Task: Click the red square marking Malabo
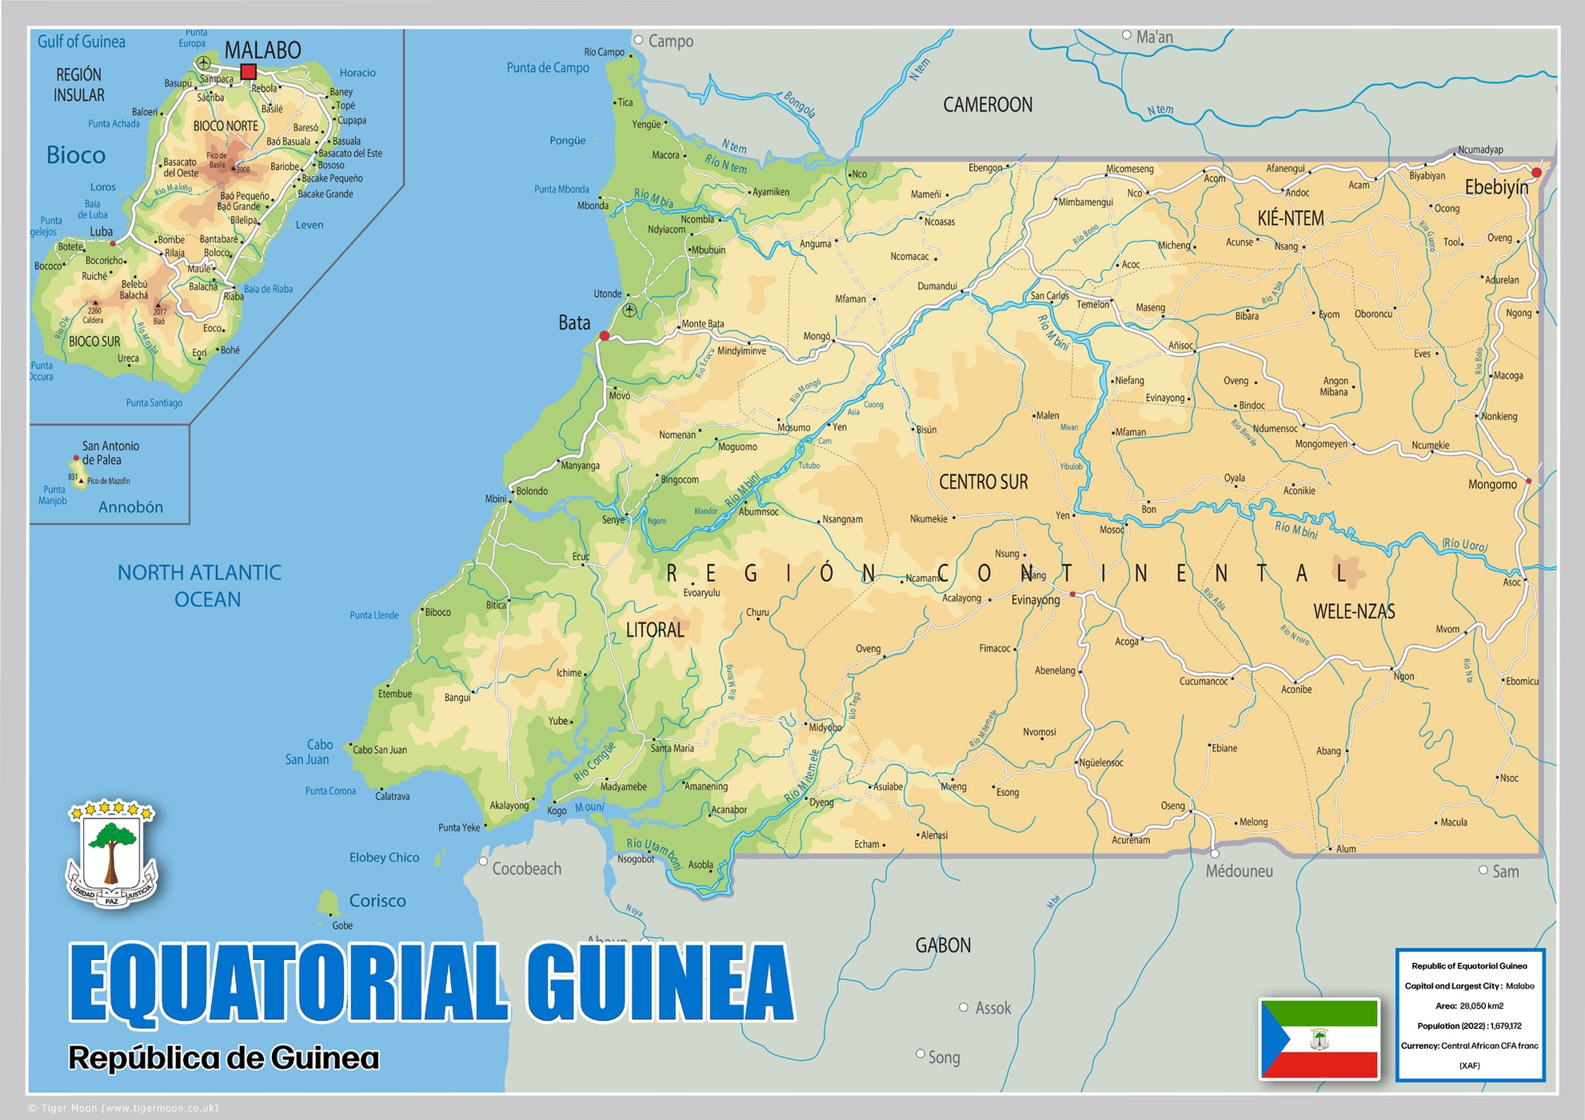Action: pyautogui.click(x=248, y=72)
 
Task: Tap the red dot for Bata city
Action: pyautogui.click(x=605, y=336)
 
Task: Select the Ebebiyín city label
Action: pyautogui.click(x=1495, y=187)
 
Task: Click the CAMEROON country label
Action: pyautogui.click(x=987, y=105)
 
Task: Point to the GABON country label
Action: pyautogui.click(x=943, y=945)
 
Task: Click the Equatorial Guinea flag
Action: pyautogui.click(x=1320, y=1038)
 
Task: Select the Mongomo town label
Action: pyautogui.click(x=1491, y=484)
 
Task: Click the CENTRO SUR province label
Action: pyautogui.click(x=983, y=482)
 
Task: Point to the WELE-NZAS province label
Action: pyautogui.click(x=1354, y=611)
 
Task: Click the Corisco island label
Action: pyautogui.click(x=377, y=901)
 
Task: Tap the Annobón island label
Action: pyautogui.click(x=130, y=507)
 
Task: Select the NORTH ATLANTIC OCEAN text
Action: pyautogui.click(x=200, y=586)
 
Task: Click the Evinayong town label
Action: pyautogui.click(x=1035, y=600)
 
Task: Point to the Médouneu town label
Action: pyautogui.click(x=1239, y=871)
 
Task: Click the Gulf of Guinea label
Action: pyautogui.click(x=81, y=42)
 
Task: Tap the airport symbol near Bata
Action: pyautogui.click(x=629, y=310)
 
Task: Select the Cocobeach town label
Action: pyautogui.click(x=526, y=869)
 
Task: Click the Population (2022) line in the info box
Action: pyautogui.click(x=1469, y=1026)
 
